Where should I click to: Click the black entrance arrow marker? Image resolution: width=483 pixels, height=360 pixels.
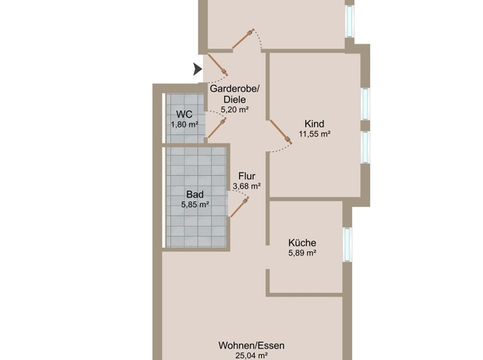tap(197, 69)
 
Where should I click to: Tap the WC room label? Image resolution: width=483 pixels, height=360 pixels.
tap(184, 115)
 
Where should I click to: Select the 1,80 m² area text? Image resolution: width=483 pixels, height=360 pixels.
tap(184, 124)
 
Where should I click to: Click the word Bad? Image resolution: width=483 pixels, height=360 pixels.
tap(195, 195)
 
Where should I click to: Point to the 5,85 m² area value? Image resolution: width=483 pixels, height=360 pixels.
tap(196, 205)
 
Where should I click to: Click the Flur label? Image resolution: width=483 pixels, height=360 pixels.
tap(246, 176)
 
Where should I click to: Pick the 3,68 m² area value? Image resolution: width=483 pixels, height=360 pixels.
tap(247, 186)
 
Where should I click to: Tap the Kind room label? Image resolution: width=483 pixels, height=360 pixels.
tap(314, 124)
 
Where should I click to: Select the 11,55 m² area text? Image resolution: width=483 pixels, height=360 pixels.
tap(314, 134)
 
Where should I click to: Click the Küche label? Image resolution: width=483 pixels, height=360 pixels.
tap(302, 243)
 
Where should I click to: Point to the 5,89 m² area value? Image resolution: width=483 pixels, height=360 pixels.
tap(303, 253)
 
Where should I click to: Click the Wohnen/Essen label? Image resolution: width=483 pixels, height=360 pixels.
tap(251, 345)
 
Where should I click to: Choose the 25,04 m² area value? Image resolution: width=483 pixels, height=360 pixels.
tap(251, 356)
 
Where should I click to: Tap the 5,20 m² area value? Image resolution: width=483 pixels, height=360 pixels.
tap(235, 109)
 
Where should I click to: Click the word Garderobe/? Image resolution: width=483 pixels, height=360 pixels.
tap(235, 88)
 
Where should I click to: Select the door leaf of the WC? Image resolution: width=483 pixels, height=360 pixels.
tap(217, 128)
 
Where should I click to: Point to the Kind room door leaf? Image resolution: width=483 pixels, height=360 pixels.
tap(280, 132)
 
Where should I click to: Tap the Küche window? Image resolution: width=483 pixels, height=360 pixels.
tap(347, 245)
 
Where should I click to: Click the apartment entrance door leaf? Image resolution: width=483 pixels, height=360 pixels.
tap(218, 65)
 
